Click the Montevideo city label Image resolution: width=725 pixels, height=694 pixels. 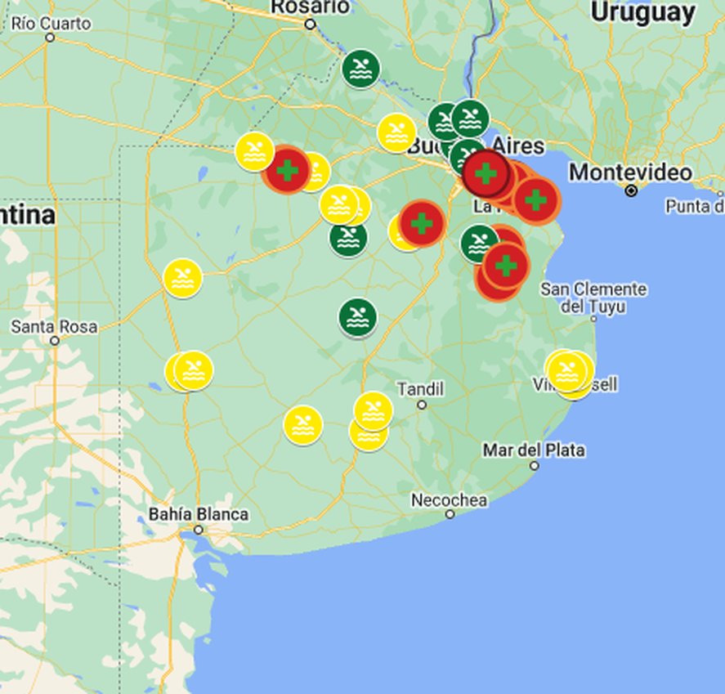[x=630, y=172]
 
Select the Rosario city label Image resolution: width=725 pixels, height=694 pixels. [x=310, y=7]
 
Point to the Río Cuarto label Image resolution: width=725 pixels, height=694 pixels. [x=51, y=23]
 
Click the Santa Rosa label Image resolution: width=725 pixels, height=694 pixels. [x=54, y=326]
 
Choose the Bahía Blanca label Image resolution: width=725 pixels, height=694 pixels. [x=199, y=514]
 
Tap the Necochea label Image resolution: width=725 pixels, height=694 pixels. [x=449, y=499]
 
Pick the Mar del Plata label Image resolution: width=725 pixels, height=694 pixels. [x=534, y=450]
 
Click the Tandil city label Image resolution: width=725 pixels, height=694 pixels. [x=420, y=388]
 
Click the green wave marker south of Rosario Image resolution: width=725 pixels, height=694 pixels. [x=360, y=69]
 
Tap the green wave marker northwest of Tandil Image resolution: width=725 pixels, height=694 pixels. [x=358, y=317]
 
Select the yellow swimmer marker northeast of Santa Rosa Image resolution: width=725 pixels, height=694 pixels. [x=182, y=278]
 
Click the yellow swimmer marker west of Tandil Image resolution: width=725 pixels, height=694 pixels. [x=302, y=424]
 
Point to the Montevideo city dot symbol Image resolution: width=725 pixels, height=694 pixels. [x=631, y=190]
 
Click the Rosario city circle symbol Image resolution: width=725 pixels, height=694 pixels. [x=311, y=24]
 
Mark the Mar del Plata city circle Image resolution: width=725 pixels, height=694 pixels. [x=535, y=465]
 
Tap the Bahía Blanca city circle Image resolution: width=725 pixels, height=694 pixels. [x=199, y=530]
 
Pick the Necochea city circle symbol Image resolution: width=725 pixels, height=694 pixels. [x=450, y=514]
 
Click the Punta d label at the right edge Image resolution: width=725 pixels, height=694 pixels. [x=695, y=206]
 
